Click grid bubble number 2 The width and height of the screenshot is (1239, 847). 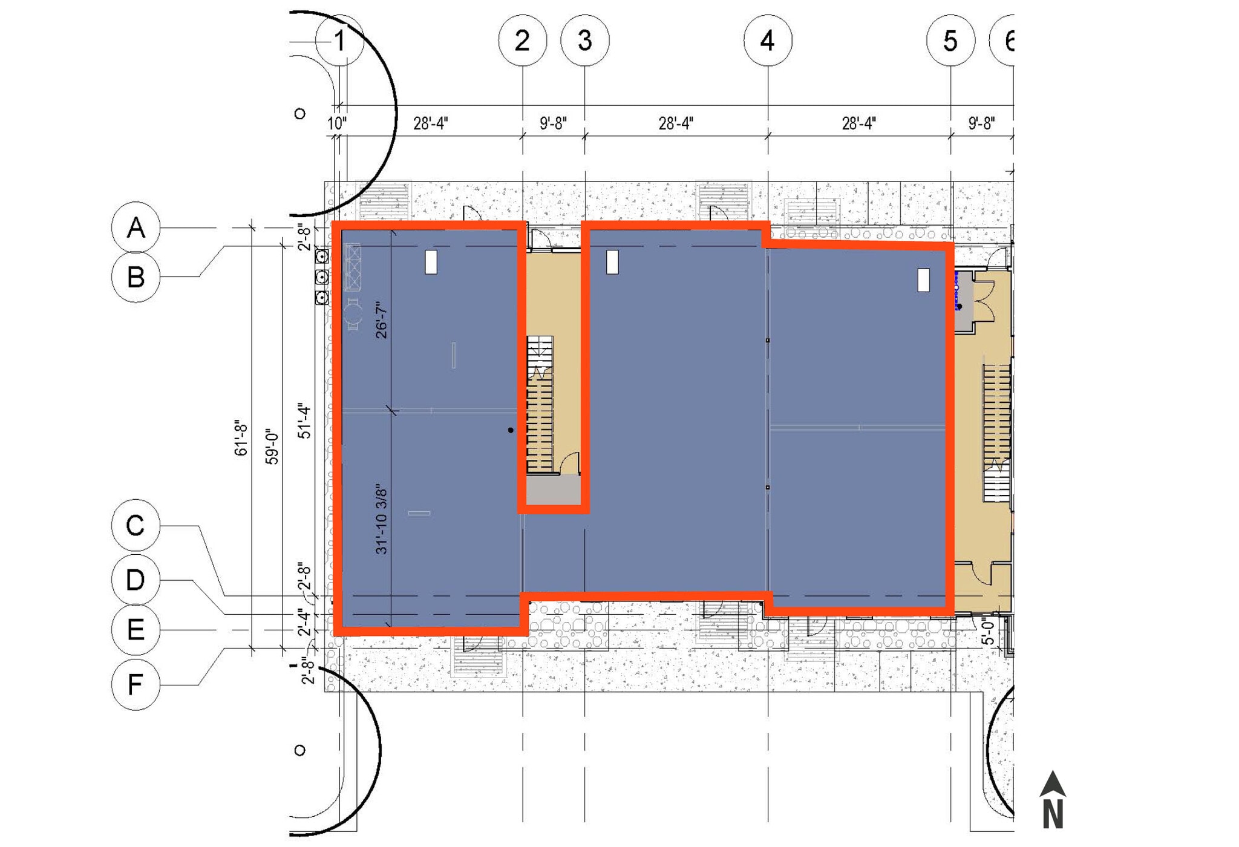[523, 41]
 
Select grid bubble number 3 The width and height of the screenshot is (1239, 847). [585, 41]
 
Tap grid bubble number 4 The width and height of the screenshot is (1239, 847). [768, 41]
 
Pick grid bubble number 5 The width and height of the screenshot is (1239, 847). [950, 41]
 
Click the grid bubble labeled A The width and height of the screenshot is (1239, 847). [136, 228]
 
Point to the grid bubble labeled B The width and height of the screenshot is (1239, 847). [136, 277]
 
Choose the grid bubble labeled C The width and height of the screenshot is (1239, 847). [136, 525]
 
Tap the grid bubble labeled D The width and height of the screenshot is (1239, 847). [136, 580]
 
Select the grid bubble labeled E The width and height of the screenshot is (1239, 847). [136, 630]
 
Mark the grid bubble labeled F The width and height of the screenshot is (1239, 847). [136, 685]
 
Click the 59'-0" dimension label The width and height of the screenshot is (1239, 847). [272, 447]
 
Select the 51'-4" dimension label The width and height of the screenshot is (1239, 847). [304, 421]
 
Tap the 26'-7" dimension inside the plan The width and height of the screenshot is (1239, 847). [381, 320]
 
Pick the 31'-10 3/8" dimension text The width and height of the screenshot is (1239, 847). [381, 519]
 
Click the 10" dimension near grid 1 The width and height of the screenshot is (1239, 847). [337, 123]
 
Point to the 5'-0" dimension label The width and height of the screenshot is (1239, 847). [987, 631]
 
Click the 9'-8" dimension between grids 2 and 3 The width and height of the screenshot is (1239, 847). [553, 123]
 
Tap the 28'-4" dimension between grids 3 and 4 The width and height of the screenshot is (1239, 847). [676, 123]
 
